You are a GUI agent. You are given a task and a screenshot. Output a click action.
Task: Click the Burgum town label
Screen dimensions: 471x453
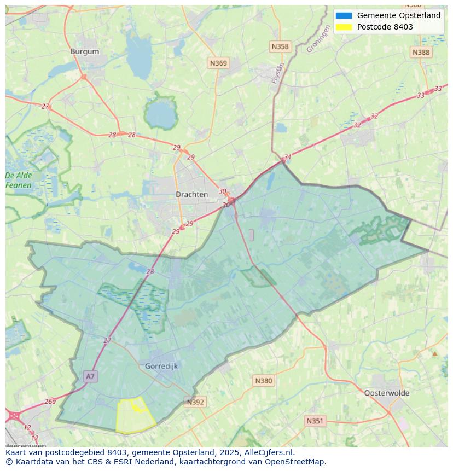point(85,51)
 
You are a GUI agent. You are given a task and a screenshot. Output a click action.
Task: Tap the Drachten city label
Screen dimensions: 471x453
point(191,194)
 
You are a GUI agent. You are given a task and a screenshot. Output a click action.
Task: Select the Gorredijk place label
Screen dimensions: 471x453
point(161,366)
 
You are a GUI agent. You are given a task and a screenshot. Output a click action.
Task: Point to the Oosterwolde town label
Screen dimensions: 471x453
point(386,393)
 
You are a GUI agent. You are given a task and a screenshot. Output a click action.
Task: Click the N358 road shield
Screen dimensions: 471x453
point(280,47)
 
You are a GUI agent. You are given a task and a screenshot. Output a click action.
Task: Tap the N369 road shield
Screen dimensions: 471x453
point(218,63)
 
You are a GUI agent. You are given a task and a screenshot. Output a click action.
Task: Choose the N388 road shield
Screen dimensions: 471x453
point(421,52)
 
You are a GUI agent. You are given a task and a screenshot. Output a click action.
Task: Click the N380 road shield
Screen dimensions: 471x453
point(263,381)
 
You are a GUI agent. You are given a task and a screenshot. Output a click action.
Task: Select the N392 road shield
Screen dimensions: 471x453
point(195,402)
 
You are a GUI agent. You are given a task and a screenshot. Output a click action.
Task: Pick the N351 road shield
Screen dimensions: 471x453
point(315,421)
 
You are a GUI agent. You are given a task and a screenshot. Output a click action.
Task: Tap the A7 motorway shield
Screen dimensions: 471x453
point(90,376)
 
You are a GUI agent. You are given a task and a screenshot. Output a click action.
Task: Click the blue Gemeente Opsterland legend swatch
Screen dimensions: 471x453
point(344,15)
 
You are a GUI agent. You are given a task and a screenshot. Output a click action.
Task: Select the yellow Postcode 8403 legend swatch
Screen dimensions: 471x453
point(344,27)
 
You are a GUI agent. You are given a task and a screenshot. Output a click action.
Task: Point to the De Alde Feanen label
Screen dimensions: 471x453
point(19,181)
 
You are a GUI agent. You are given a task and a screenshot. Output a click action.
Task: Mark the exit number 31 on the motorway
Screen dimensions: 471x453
point(288,157)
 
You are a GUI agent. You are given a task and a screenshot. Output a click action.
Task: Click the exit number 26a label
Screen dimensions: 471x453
point(50,401)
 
